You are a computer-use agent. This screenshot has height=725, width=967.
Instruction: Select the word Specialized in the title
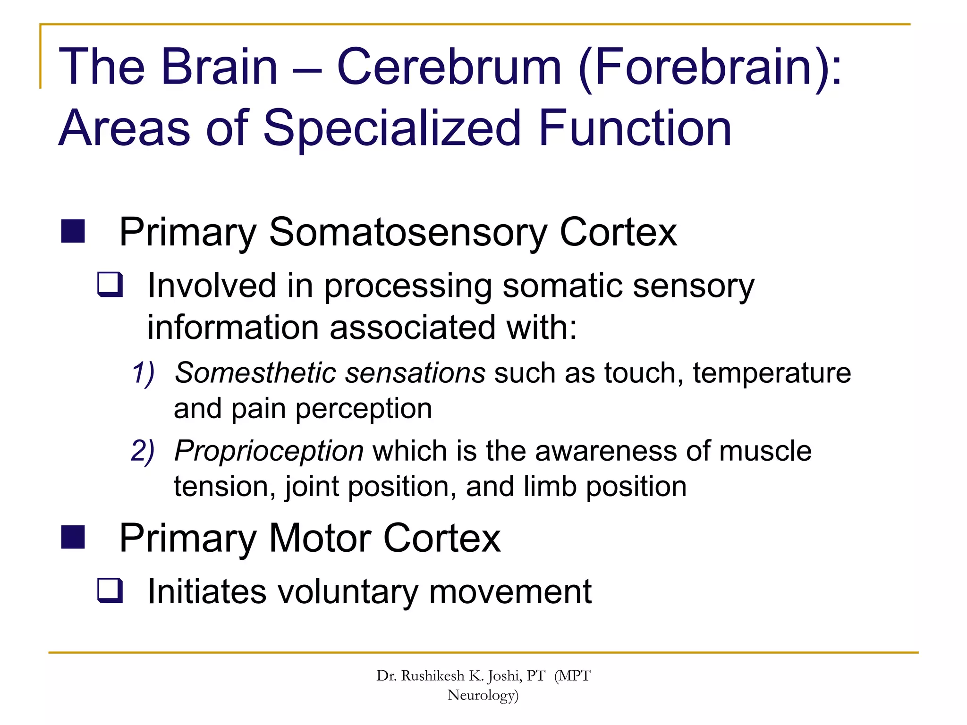(392, 128)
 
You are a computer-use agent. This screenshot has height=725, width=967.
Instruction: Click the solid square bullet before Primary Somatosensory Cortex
(73, 231)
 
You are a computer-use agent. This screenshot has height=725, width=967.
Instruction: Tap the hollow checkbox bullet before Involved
(110, 285)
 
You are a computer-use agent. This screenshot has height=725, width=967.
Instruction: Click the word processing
(408, 287)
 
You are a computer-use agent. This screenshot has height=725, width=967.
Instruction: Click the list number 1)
(143, 373)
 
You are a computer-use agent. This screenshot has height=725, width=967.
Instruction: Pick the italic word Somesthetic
(255, 373)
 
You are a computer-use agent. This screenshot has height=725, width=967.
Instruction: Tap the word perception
(364, 409)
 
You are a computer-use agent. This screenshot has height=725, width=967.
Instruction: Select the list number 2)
(143, 451)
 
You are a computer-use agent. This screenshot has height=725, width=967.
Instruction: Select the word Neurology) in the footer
(483, 695)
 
